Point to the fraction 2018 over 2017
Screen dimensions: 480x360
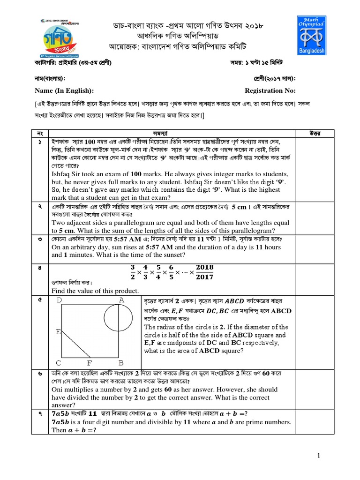click(x=204, y=272)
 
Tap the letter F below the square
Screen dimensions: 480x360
click(x=90, y=363)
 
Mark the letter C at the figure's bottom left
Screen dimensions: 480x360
click(x=59, y=363)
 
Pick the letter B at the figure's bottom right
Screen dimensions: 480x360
click(x=121, y=363)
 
